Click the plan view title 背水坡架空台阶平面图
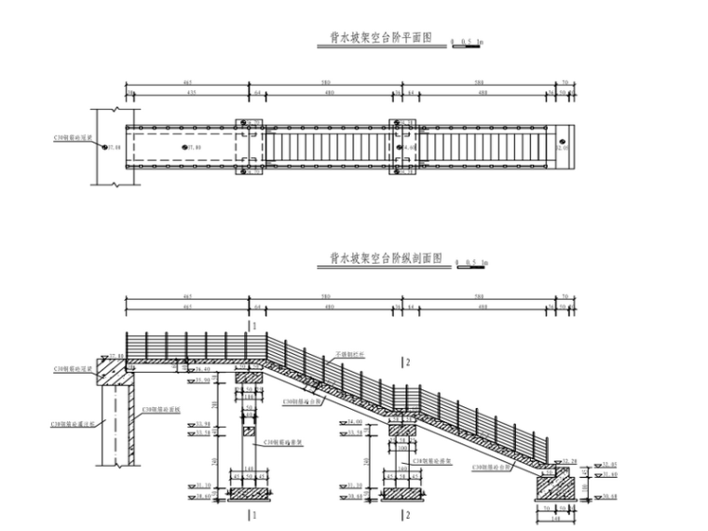click(382, 38)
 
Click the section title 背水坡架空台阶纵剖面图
click(386, 259)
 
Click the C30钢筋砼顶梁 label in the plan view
click(75, 137)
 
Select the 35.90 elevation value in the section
click(202, 380)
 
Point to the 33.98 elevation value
click(202, 425)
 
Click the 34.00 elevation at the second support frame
click(354, 422)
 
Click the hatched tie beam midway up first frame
click(250, 432)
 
